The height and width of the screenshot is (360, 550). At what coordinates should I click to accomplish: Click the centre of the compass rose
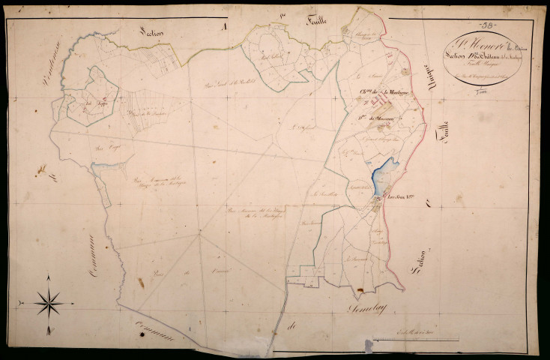(x=49, y=302)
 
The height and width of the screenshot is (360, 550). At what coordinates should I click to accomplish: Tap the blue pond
(x=381, y=176)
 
